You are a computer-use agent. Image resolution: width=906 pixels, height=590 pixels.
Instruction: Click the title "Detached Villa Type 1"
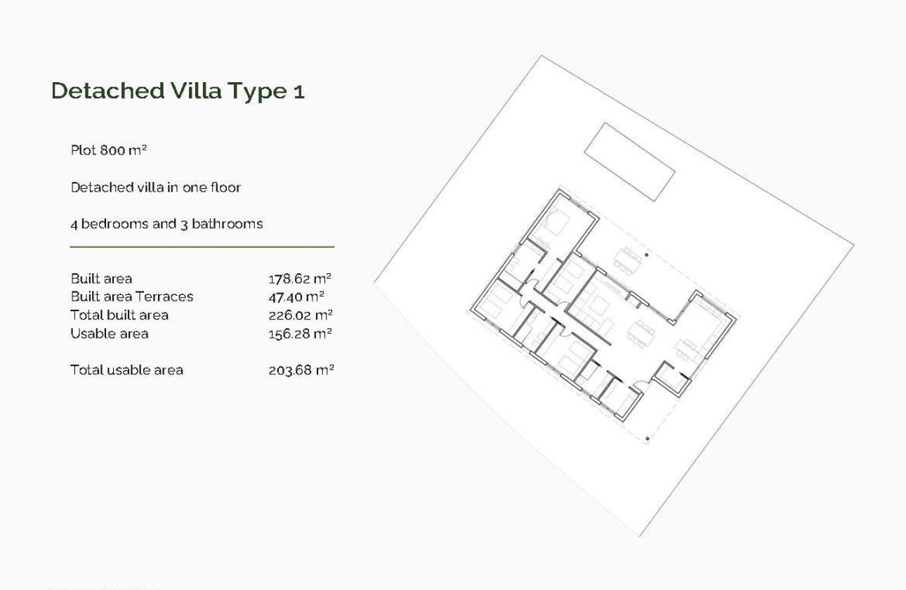(x=178, y=91)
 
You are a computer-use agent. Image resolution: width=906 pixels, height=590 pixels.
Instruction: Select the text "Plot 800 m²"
(x=108, y=150)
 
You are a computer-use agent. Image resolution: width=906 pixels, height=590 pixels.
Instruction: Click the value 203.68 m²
(x=301, y=370)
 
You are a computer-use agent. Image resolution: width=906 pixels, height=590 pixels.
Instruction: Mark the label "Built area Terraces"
(x=131, y=297)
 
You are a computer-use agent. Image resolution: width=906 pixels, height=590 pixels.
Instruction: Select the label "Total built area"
(x=119, y=315)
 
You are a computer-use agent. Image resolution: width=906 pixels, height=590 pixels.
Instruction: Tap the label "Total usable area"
(x=126, y=370)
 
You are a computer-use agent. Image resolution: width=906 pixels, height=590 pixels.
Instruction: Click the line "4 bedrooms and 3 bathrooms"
(x=166, y=224)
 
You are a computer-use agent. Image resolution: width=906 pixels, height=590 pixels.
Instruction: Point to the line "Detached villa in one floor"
(x=155, y=188)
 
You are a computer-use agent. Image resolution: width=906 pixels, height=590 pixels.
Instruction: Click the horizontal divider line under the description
(x=202, y=247)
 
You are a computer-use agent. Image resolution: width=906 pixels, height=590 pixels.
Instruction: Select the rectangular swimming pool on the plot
(x=629, y=162)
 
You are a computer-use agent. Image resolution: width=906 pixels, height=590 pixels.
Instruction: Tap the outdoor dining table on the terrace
(x=626, y=258)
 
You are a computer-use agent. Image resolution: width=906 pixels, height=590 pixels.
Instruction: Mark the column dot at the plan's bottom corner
(x=647, y=438)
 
